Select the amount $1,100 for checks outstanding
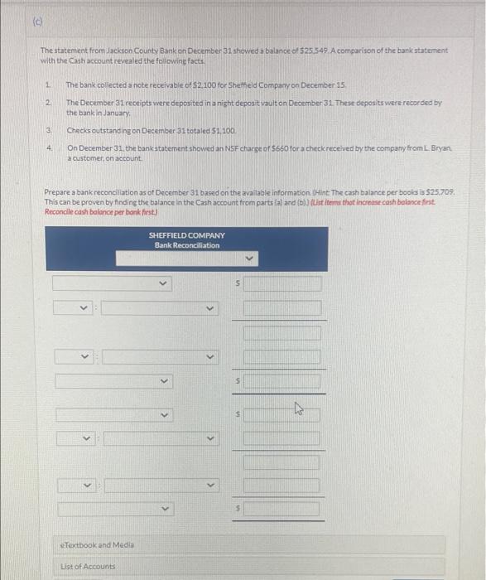tap(200, 131)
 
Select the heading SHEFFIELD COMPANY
tap(186, 235)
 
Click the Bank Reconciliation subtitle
tap(186, 245)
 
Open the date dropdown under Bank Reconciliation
tap(186, 259)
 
